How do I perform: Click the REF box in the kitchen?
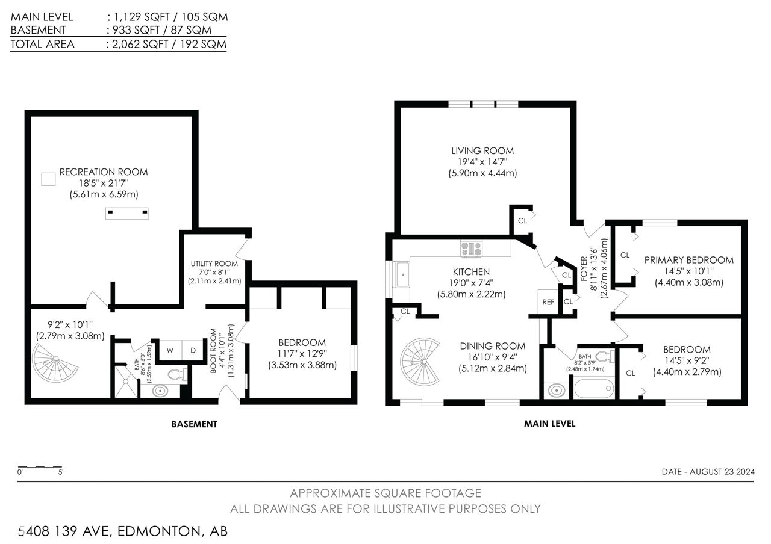point(548,302)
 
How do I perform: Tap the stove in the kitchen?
point(472,249)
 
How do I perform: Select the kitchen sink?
point(402,274)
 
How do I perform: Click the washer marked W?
point(170,350)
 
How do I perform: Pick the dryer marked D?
point(193,350)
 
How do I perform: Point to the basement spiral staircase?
point(54,363)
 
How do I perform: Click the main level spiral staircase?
point(420,362)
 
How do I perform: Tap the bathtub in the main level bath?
point(594,388)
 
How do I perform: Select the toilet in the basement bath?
point(178,374)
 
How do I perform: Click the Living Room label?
point(482,150)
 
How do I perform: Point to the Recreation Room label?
point(104,172)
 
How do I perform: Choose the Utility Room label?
point(214,264)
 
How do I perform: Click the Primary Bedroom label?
point(688,260)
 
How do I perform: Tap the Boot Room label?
point(213,351)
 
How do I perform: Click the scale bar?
point(40,468)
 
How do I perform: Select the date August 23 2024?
point(722,471)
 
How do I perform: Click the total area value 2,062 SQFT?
point(140,44)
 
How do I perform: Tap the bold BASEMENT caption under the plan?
point(194,424)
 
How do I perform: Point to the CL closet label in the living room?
point(522,221)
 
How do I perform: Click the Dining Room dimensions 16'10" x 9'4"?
point(493,357)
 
